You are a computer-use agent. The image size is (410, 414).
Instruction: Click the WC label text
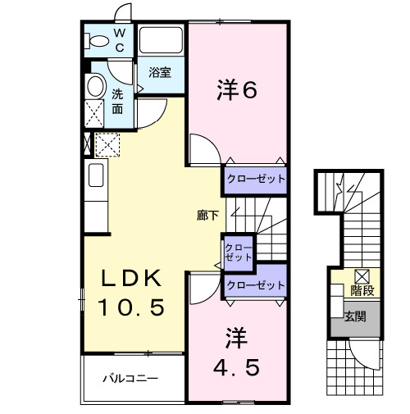pyautogui.click(x=119, y=40)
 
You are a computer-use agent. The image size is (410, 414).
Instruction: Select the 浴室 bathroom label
pyautogui.click(x=160, y=72)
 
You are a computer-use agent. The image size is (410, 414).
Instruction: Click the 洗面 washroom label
pyautogui.click(x=118, y=101)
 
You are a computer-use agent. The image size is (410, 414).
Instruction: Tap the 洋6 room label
pyautogui.click(x=238, y=90)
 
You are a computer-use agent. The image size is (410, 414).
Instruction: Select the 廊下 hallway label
pyautogui.click(x=207, y=216)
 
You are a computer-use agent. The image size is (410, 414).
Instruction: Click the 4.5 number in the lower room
pyautogui.click(x=237, y=367)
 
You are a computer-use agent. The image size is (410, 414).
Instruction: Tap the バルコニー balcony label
pyautogui.click(x=130, y=379)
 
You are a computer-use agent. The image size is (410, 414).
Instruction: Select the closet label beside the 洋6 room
pyautogui.click(x=255, y=179)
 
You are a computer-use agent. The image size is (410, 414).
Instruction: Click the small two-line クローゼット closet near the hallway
pyautogui.click(x=239, y=252)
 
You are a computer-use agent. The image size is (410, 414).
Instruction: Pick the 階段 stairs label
pyautogui.click(x=362, y=290)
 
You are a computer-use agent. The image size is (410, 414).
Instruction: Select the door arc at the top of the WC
pyautogui.click(x=122, y=14)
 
